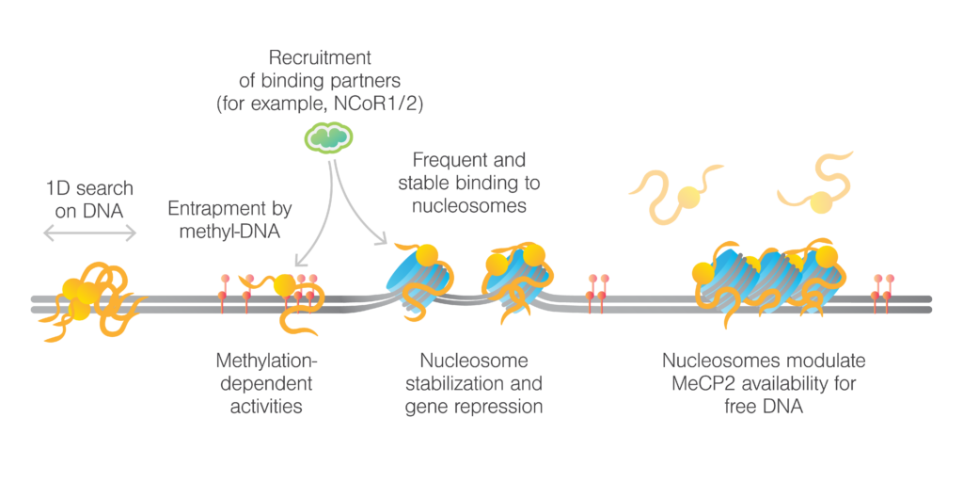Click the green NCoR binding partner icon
328,138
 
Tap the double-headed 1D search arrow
90,232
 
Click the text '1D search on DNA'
89,200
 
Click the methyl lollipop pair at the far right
882,287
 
